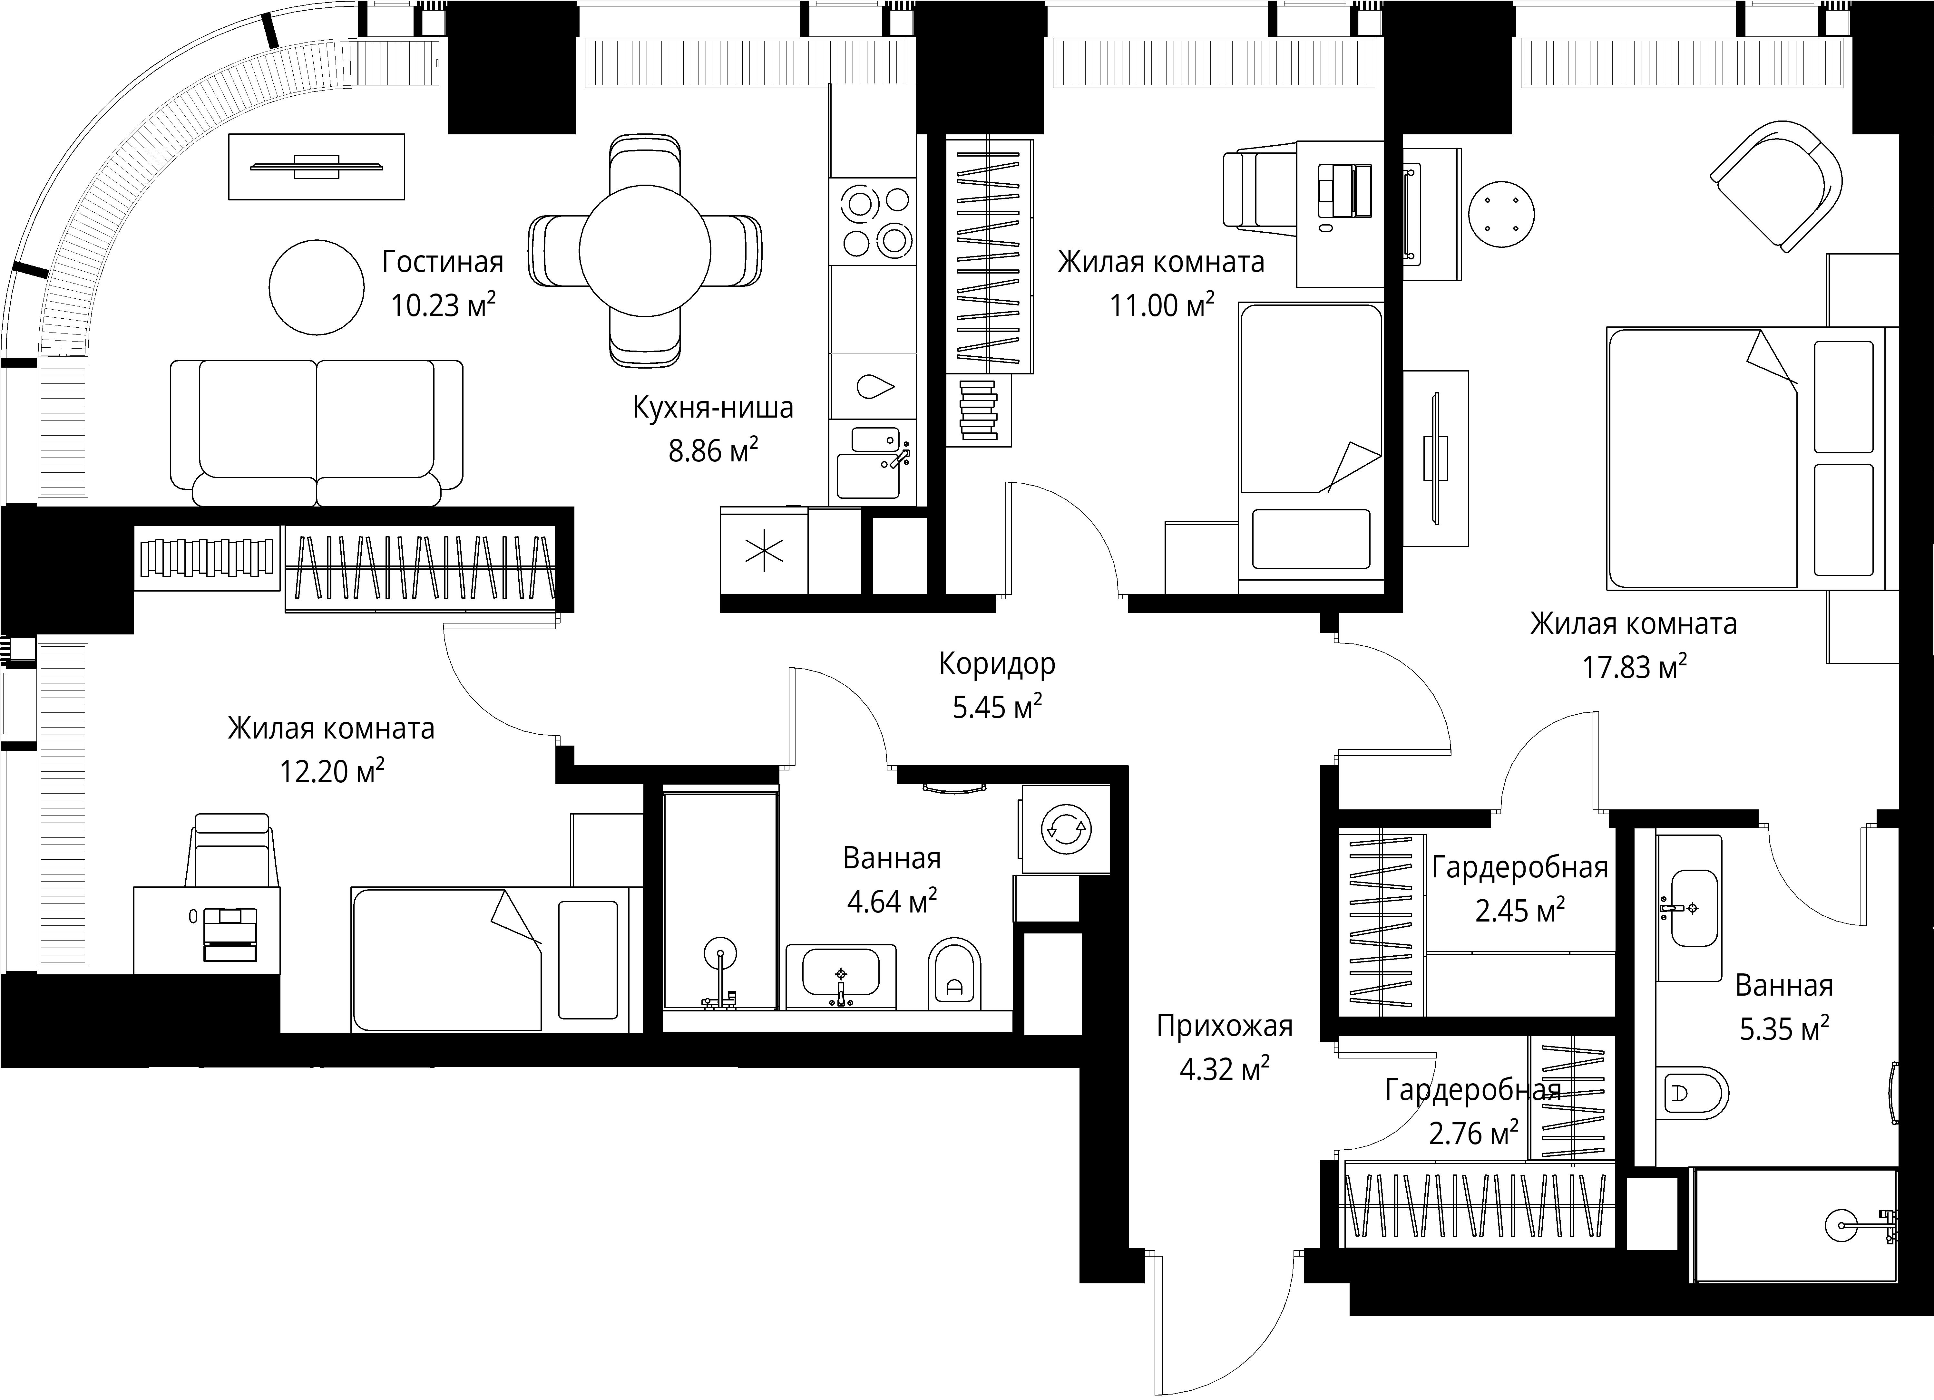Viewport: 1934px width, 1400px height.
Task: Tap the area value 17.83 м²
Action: point(1634,667)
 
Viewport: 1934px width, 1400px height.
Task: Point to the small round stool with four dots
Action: point(1502,213)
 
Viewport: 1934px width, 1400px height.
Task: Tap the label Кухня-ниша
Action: point(713,408)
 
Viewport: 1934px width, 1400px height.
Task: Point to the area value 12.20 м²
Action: point(332,772)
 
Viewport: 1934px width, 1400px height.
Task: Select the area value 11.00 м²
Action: point(1161,305)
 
